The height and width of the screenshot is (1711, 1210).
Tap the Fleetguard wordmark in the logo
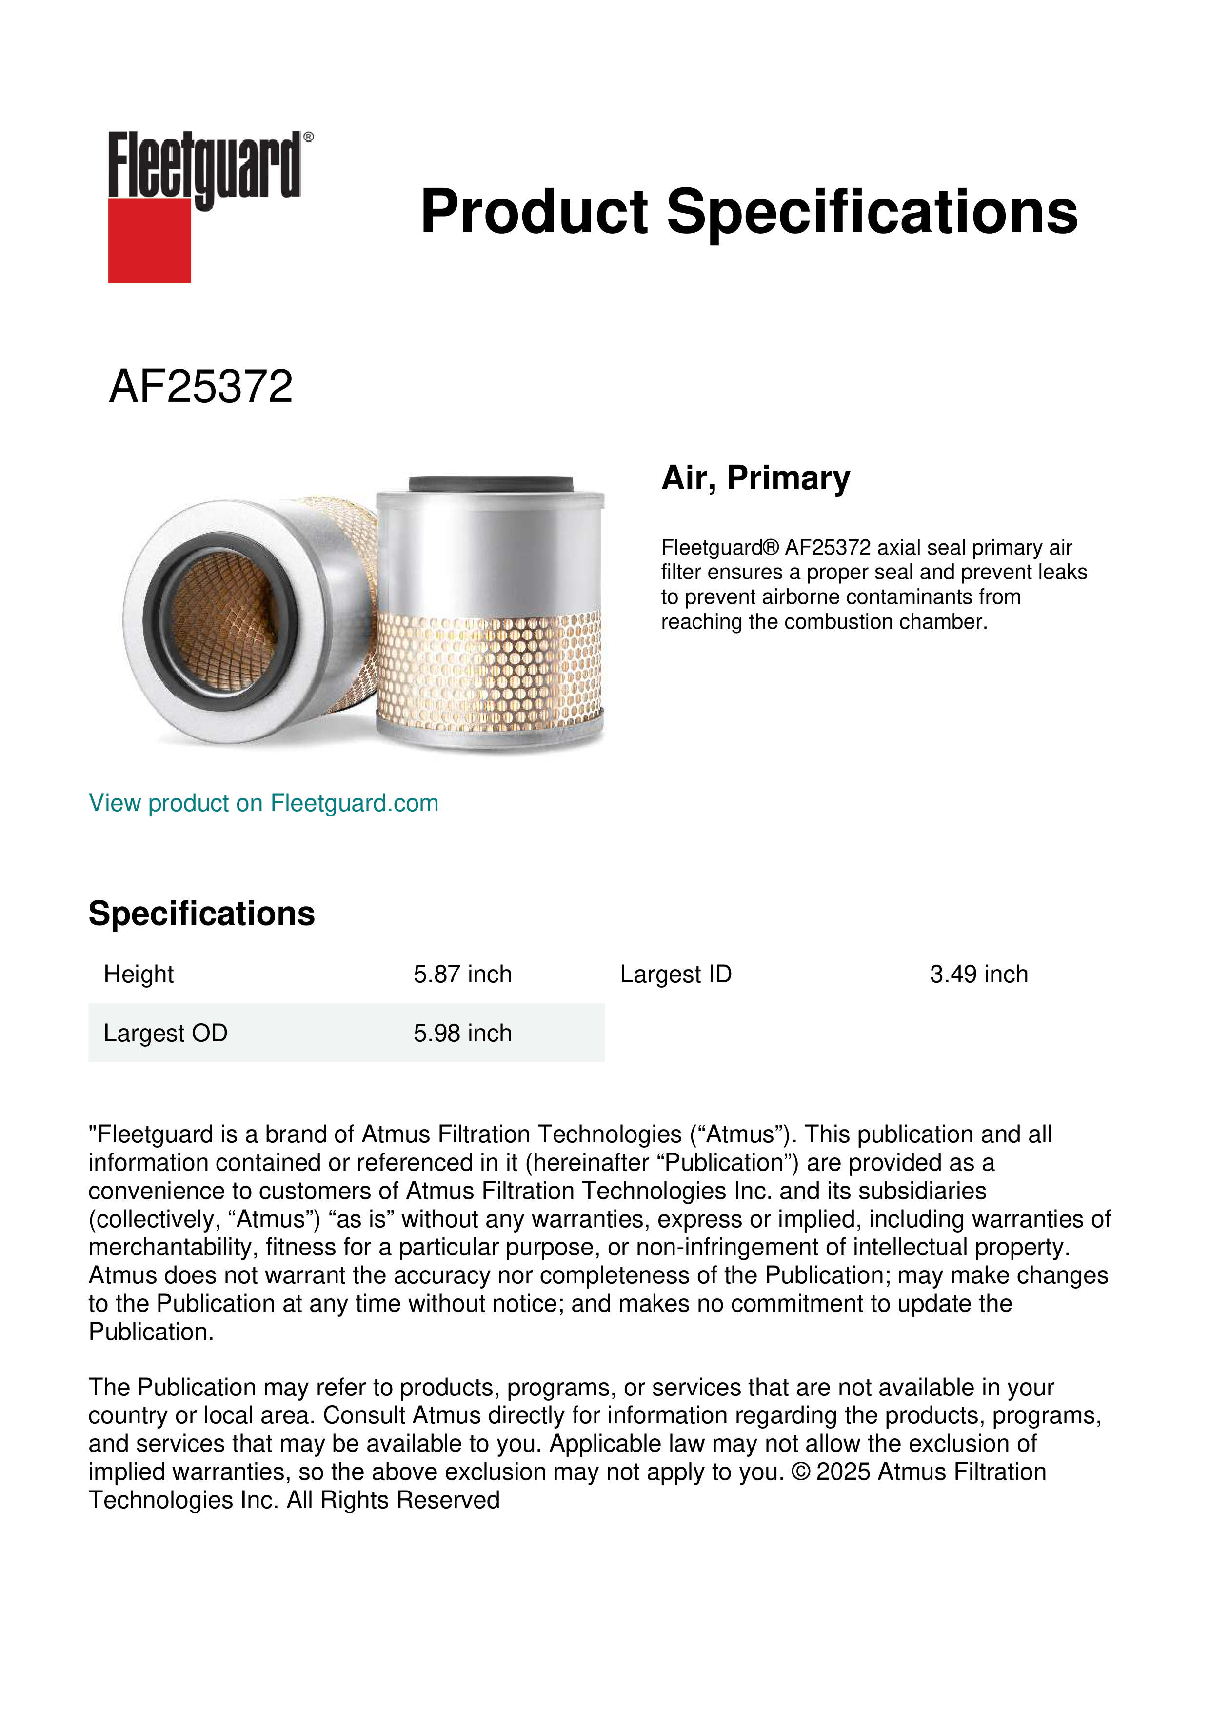[204, 165]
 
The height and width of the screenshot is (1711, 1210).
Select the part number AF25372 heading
[200, 387]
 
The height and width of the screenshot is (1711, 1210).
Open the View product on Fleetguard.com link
[263, 803]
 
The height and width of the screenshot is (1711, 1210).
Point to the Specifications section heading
[201, 914]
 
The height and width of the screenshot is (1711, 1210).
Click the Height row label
[139, 974]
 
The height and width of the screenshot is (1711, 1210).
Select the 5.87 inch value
[462, 974]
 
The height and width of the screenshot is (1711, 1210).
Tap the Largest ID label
[675, 974]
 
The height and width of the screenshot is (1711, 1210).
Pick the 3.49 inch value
[978, 974]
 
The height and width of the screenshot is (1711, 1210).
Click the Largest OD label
[165, 1033]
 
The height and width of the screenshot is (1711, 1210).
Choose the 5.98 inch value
[462, 1033]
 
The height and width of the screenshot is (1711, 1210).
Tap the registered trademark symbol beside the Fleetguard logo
[308, 137]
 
